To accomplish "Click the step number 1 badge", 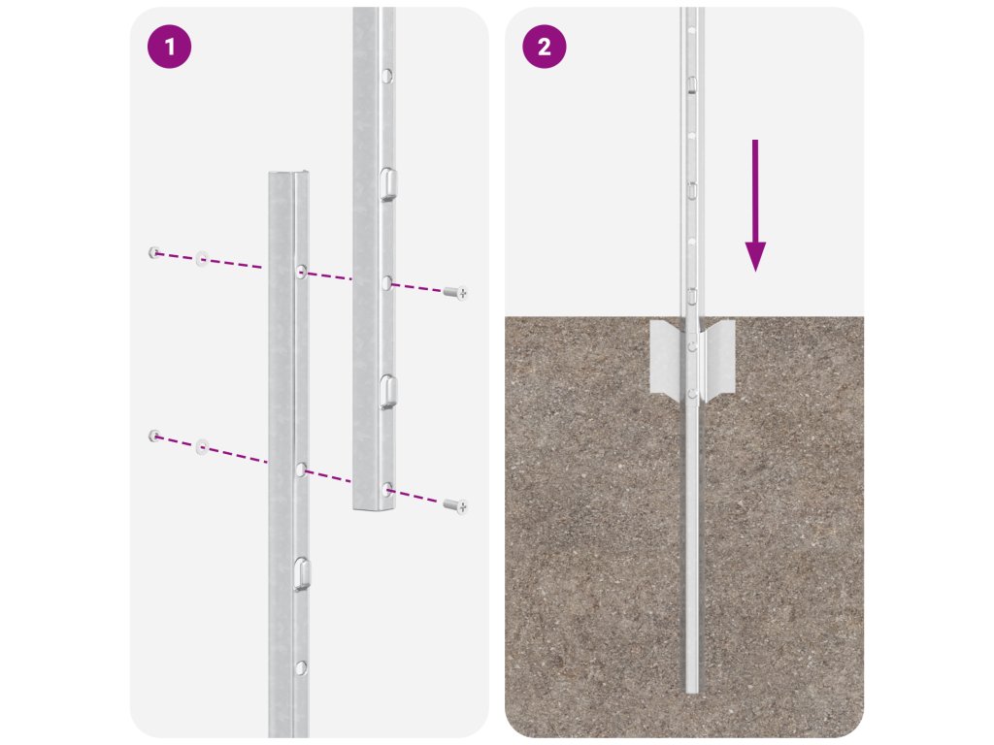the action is click(x=169, y=47).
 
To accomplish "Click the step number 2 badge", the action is click(x=544, y=47).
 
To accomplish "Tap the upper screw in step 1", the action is click(x=455, y=292).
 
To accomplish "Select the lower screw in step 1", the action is click(x=455, y=505).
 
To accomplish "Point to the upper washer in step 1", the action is click(x=202, y=258).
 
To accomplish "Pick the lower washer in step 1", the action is click(x=202, y=446).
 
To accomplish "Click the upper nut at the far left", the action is click(x=154, y=253).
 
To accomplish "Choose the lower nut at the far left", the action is click(x=154, y=436).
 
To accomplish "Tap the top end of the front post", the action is click(x=288, y=173).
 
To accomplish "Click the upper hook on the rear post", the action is click(x=388, y=184).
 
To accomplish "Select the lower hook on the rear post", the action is click(x=388, y=392).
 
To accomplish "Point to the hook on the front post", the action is click(x=302, y=574).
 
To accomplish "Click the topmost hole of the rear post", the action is click(x=386, y=77).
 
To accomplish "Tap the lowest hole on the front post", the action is click(x=301, y=667).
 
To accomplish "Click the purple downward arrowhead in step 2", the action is click(x=755, y=256).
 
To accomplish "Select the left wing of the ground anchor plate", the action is click(x=666, y=359).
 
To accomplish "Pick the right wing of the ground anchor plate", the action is click(x=718, y=359).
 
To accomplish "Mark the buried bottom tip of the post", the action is click(x=691, y=691).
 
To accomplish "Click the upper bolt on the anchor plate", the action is click(x=692, y=346).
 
